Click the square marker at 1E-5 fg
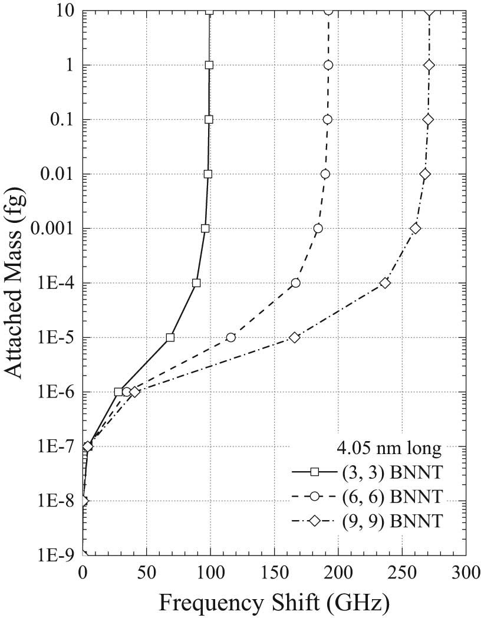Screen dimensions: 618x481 point(170,337)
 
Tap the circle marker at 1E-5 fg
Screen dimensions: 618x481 point(231,337)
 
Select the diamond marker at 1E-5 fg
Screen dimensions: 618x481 point(295,337)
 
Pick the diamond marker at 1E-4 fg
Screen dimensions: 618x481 point(386,283)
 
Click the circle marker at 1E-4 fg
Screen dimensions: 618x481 point(296,283)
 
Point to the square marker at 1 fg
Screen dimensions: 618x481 point(209,65)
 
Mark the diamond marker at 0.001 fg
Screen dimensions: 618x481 point(416,228)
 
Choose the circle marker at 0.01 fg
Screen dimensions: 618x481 point(325,174)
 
